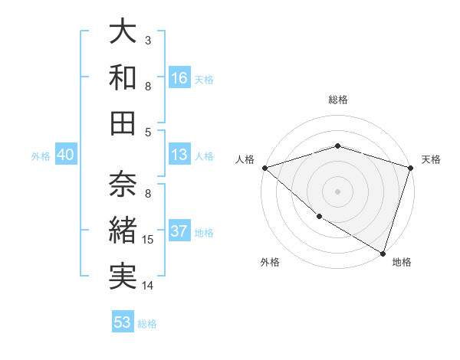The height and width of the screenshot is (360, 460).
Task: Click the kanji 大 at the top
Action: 123,32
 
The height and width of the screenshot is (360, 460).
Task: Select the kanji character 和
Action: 123,77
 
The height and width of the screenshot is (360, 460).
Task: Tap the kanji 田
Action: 123,122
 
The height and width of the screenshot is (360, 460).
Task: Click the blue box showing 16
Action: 179,78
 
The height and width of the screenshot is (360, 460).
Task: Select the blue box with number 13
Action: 179,155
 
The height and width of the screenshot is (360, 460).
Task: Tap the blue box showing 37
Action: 179,232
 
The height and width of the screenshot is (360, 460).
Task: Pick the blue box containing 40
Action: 66,155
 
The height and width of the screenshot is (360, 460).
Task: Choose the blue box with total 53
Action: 123,322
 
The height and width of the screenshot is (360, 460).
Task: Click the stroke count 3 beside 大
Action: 148,40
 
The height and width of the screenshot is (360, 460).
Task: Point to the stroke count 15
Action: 149,240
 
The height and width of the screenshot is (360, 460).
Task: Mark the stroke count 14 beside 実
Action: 149,286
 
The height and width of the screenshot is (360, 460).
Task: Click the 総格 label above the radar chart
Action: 338,100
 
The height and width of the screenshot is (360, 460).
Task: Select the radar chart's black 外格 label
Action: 270,263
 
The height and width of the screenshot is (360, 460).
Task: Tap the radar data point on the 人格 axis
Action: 264,168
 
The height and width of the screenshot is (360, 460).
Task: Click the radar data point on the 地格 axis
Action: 383,253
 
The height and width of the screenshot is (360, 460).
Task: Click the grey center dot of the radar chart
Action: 338,191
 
